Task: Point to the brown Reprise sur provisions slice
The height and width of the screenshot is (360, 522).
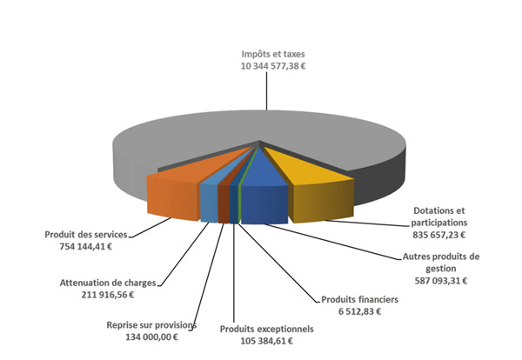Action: coord(224,204)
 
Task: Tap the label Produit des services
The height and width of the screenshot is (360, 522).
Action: coord(86,235)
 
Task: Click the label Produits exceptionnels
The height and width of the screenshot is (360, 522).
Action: coord(265,330)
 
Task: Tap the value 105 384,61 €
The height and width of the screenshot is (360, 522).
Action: coord(265,342)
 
